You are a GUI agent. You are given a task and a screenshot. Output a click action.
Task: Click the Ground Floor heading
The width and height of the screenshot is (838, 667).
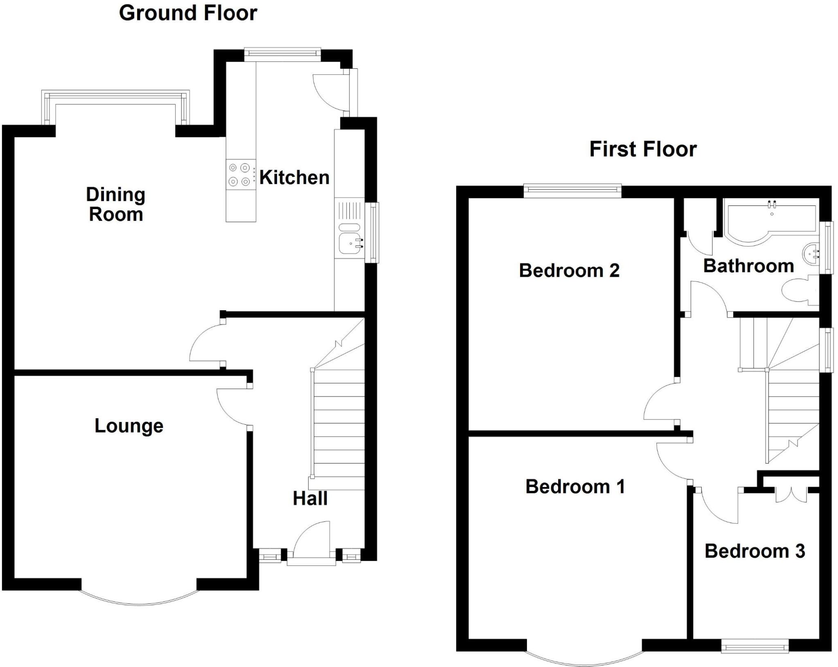point(188,13)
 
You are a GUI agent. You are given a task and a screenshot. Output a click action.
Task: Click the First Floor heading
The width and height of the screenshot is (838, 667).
point(642,149)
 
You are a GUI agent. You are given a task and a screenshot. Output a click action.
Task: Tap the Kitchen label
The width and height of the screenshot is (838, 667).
point(294,178)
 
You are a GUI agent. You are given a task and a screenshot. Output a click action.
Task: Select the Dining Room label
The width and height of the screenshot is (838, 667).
point(116,205)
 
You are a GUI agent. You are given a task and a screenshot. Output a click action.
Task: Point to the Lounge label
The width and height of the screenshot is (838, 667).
point(129,426)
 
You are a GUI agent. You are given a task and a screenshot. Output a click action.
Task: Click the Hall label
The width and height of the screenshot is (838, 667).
point(310,498)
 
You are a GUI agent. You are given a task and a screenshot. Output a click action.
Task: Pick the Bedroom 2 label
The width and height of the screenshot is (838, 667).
point(569,270)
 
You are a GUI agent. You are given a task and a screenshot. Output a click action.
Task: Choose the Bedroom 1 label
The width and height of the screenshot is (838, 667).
point(575,487)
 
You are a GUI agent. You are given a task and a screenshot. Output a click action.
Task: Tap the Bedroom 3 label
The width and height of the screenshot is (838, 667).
point(755,551)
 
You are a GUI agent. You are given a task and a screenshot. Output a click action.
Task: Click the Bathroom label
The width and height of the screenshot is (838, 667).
point(748,266)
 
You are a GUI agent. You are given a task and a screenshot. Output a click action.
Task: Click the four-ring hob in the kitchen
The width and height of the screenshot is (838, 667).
point(239,174)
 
